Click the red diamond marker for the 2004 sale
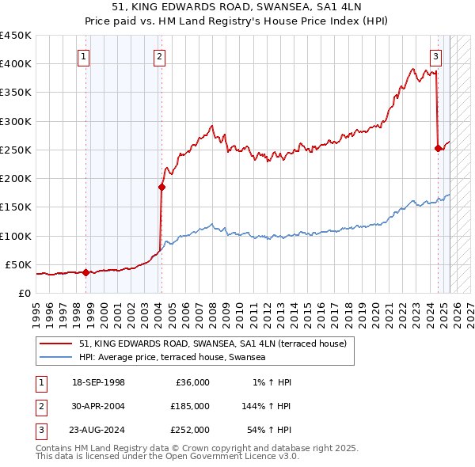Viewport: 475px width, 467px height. pos(161,188)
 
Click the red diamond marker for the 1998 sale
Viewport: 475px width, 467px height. pos(85,272)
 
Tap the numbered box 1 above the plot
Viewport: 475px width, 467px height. pos(83,56)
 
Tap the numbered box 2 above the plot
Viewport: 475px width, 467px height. pos(159,56)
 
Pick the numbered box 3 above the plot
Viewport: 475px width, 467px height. pos(435,56)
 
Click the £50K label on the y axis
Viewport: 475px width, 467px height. pos(18,264)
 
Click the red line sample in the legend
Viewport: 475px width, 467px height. pos(57,344)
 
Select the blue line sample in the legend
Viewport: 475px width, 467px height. pos(57,357)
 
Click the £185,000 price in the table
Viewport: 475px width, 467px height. pos(190,406)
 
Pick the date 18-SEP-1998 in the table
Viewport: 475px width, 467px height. pos(99,382)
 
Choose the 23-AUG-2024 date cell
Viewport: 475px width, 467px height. pos(99,430)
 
